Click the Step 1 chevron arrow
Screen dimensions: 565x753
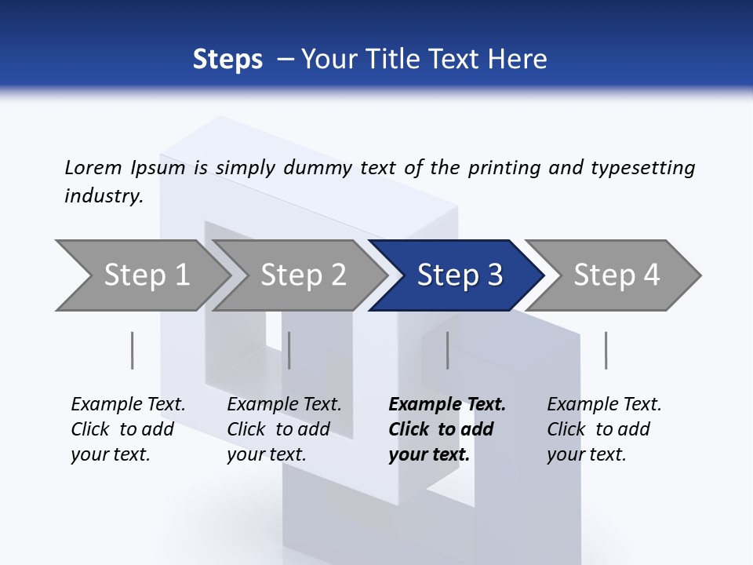[146, 275]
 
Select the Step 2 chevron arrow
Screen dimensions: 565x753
[303, 275]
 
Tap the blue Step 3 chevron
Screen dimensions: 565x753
[460, 275]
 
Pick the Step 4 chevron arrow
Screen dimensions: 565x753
[617, 275]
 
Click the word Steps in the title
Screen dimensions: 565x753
[227, 60]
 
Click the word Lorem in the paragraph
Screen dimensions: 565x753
[93, 167]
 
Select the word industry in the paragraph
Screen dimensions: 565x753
[103, 196]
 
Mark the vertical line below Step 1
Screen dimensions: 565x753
[133, 350]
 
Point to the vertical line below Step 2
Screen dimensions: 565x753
[289, 350]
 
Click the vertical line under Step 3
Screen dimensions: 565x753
[447, 350]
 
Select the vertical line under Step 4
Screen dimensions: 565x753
[606, 350]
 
